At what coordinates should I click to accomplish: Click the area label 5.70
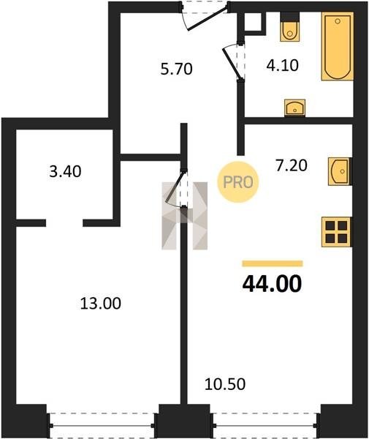click(176, 69)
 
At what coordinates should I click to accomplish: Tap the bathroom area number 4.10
click(282, 66)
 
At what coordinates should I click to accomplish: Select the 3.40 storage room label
click(65, 171)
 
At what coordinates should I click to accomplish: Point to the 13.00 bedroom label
click(101, 303)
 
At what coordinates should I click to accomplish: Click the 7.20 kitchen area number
click(292, 165)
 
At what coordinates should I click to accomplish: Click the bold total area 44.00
click(272, 284)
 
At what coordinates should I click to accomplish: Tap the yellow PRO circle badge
click(238, 182)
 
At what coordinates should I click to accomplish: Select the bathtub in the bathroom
click(338, 46)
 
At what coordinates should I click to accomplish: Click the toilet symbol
click(289, 28)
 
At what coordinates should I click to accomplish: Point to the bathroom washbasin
click(295, 108)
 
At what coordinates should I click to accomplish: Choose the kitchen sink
click(340, 171)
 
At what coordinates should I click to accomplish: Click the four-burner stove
click(337, 232)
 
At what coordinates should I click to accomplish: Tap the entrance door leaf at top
click(208, 18)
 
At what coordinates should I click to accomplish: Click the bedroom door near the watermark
click(175, 187)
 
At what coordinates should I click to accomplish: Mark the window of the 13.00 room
click(102, 425)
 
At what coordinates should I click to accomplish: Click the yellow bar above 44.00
click(273, 263)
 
